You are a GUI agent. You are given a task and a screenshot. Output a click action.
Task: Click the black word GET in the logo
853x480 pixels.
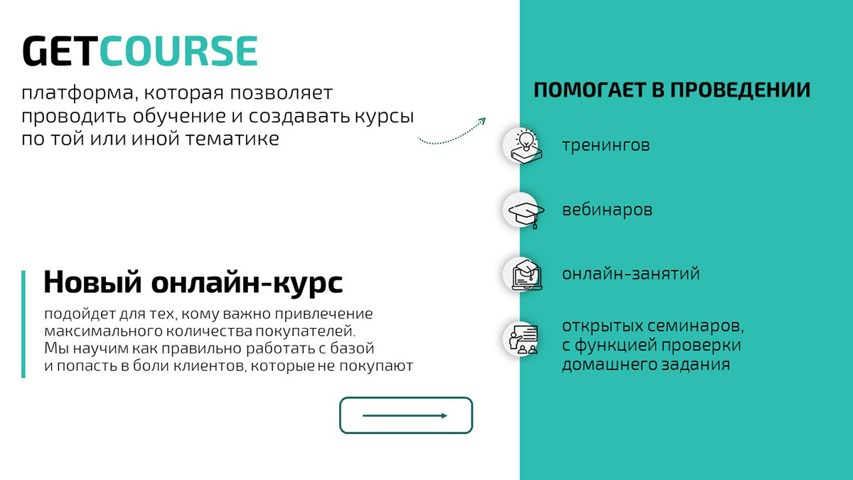60,52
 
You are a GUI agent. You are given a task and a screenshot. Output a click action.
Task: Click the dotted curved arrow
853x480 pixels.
451,133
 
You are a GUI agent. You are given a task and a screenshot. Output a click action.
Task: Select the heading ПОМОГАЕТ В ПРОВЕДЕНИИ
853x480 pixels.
672,91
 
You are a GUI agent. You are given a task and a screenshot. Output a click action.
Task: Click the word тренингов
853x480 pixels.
606,146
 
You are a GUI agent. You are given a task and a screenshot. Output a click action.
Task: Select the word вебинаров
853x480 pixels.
607,210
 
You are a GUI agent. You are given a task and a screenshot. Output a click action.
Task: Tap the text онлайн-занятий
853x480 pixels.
631,274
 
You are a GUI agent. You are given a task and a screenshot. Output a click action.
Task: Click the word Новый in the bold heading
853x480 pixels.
92,282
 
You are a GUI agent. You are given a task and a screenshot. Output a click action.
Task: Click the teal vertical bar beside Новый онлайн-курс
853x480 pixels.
23,324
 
